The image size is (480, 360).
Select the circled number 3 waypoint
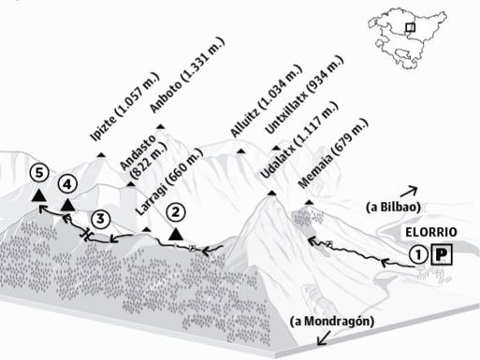pos(101,219)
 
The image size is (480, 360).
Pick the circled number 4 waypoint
pos(67,183)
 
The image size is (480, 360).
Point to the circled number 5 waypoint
pos(37,173)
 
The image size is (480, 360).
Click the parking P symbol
pos(443,252)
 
